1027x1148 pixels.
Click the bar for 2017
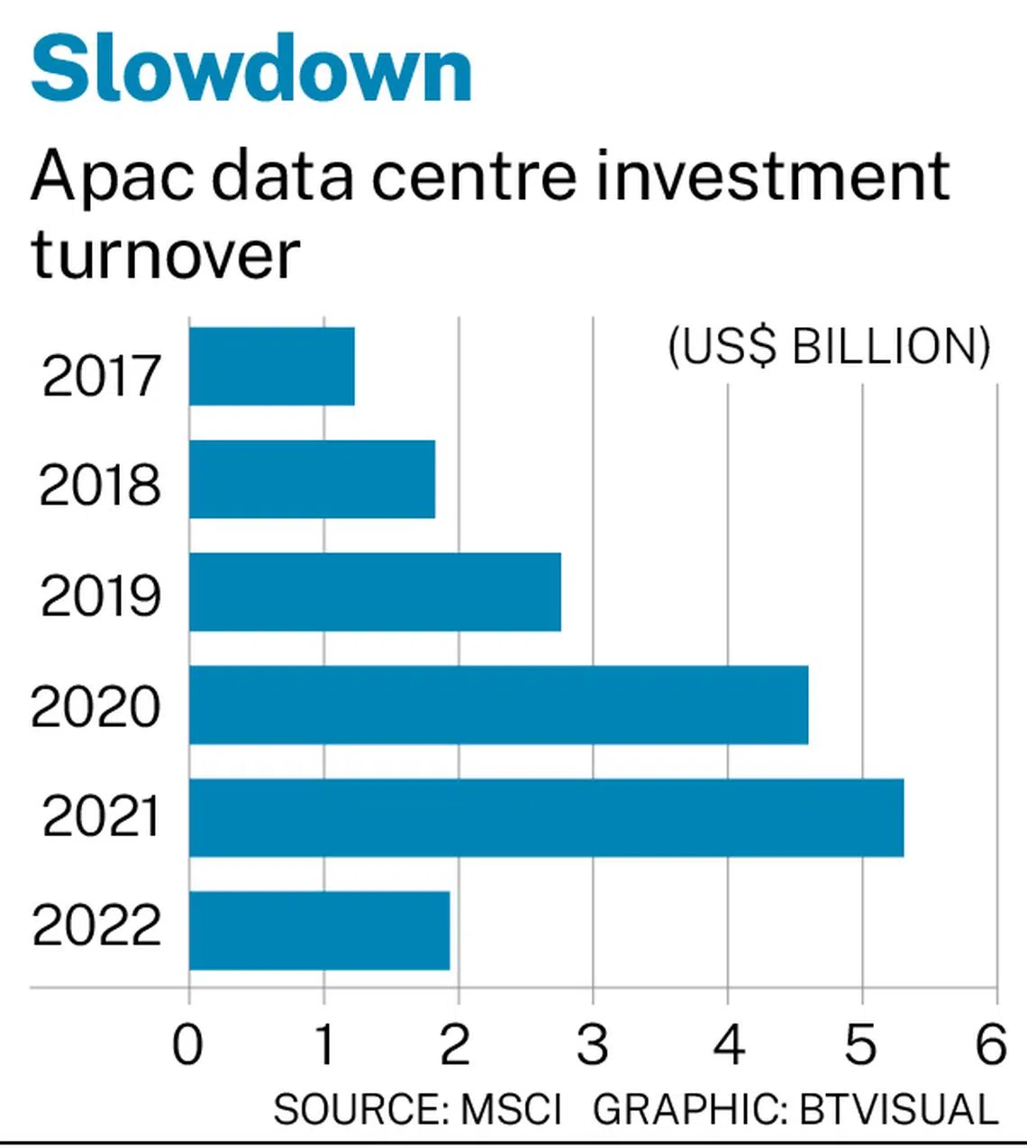[271, 366]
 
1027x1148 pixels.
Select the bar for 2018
[312, 478]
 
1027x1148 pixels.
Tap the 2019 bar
[375, 592]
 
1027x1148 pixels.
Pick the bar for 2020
[498, 705]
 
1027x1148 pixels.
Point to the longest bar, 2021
[546, 817]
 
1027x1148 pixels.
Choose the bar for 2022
[319, 930]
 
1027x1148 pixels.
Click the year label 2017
[101, 376]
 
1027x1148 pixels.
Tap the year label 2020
[95, 706]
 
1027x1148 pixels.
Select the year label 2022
[96, 925]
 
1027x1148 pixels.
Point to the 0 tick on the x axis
[187, 1045]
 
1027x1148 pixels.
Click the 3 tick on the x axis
[592, 1045]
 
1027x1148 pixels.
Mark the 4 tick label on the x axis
[728, 1045]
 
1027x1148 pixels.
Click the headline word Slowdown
[251, 69]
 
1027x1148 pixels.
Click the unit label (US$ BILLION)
[829, 346]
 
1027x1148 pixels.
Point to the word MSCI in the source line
[510, 1109]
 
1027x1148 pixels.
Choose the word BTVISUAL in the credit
[898, 1109]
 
